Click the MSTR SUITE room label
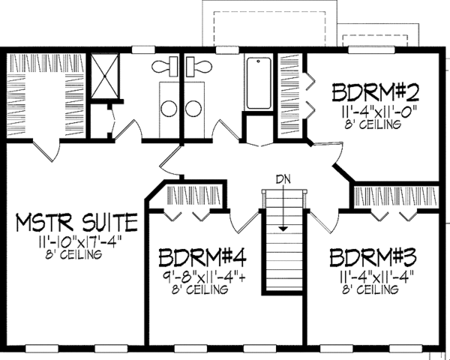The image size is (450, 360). coord(77,222)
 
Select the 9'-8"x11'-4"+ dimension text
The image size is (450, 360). coord(201,278)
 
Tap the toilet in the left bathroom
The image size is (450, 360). coord(161,67)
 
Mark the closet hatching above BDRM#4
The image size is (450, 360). coord(194,196)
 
